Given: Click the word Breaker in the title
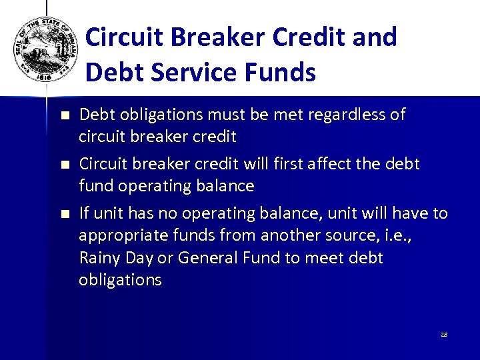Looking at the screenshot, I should tap(203, 37).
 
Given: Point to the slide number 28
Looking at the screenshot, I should tap(443, 334).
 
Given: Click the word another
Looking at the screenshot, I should tap(295, 235).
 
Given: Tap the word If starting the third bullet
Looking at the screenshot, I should tap(85, 213).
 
